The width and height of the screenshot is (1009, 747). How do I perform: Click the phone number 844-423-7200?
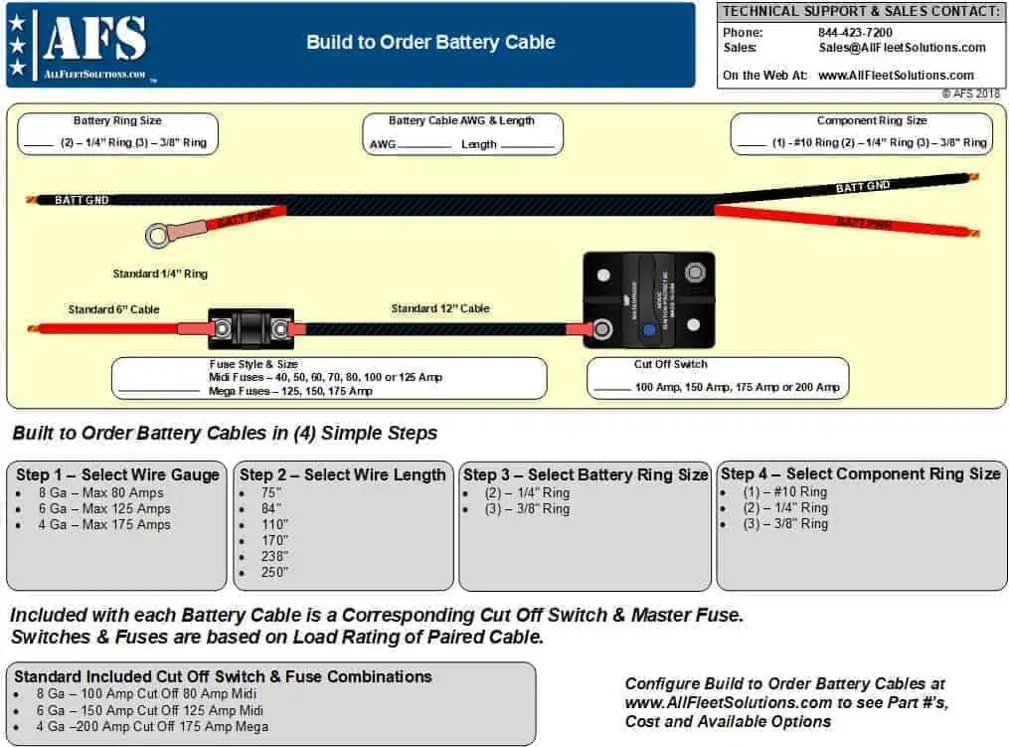tap(855, 32)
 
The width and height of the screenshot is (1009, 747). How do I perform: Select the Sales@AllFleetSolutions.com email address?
tap(902, 47)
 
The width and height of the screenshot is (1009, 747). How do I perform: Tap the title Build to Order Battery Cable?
tap(430, 42)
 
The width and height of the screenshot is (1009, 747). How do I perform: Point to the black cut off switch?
tap(648, 299)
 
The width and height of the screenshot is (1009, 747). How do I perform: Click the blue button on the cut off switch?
tap(648, 330)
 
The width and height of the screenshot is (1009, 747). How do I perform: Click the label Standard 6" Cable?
tap(113, 309)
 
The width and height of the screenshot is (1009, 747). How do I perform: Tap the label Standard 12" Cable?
tap(439, 308)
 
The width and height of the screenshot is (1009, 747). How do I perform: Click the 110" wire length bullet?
tap(274, 524)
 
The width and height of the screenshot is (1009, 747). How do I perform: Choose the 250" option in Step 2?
tap(274, 572)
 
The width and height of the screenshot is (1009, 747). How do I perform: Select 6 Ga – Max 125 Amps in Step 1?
tap(104, 508)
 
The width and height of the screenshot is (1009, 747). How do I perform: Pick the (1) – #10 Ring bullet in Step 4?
tap(785, 491)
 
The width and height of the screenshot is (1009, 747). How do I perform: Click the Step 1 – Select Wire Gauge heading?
tap(117, 474)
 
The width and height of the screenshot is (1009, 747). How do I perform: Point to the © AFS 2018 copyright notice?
tap(970, 93)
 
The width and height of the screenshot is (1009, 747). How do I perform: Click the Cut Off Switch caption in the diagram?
tap(670, 364)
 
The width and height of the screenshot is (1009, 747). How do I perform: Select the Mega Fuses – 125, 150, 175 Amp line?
tap(290, 391)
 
